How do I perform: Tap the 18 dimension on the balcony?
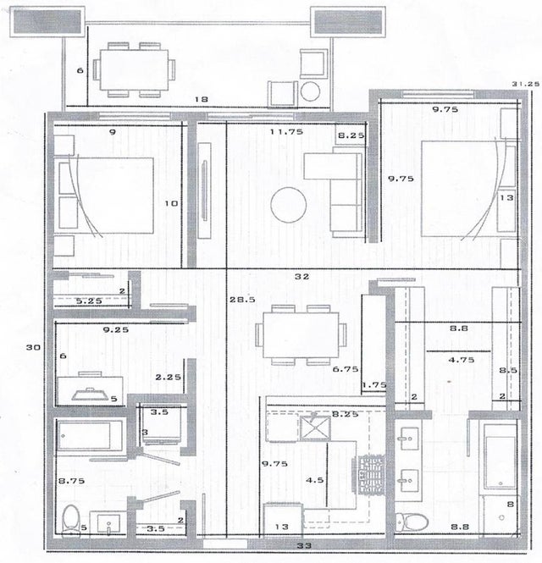(202, 99)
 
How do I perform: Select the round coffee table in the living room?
(289, 205)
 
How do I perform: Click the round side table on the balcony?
(310, 91)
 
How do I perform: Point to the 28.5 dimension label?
(242, 299)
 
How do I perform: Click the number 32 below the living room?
(301, 277)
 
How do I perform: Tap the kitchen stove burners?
(371, 474)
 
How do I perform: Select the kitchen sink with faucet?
(315, 428)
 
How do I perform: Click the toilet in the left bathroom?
(71, 521)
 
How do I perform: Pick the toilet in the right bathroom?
(412, 522)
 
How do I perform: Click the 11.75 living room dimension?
(286, 132)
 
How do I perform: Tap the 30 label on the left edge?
(33, 347)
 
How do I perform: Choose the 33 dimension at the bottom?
(304, 546)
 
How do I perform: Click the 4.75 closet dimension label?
(462, 360)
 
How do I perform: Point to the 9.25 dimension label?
(116, 329)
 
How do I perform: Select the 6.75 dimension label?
(346, 369)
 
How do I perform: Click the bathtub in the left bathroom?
(90, 436)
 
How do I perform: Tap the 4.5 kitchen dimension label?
(315, 480)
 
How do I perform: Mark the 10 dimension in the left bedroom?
(171, 203)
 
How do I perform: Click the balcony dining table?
(134, 70)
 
